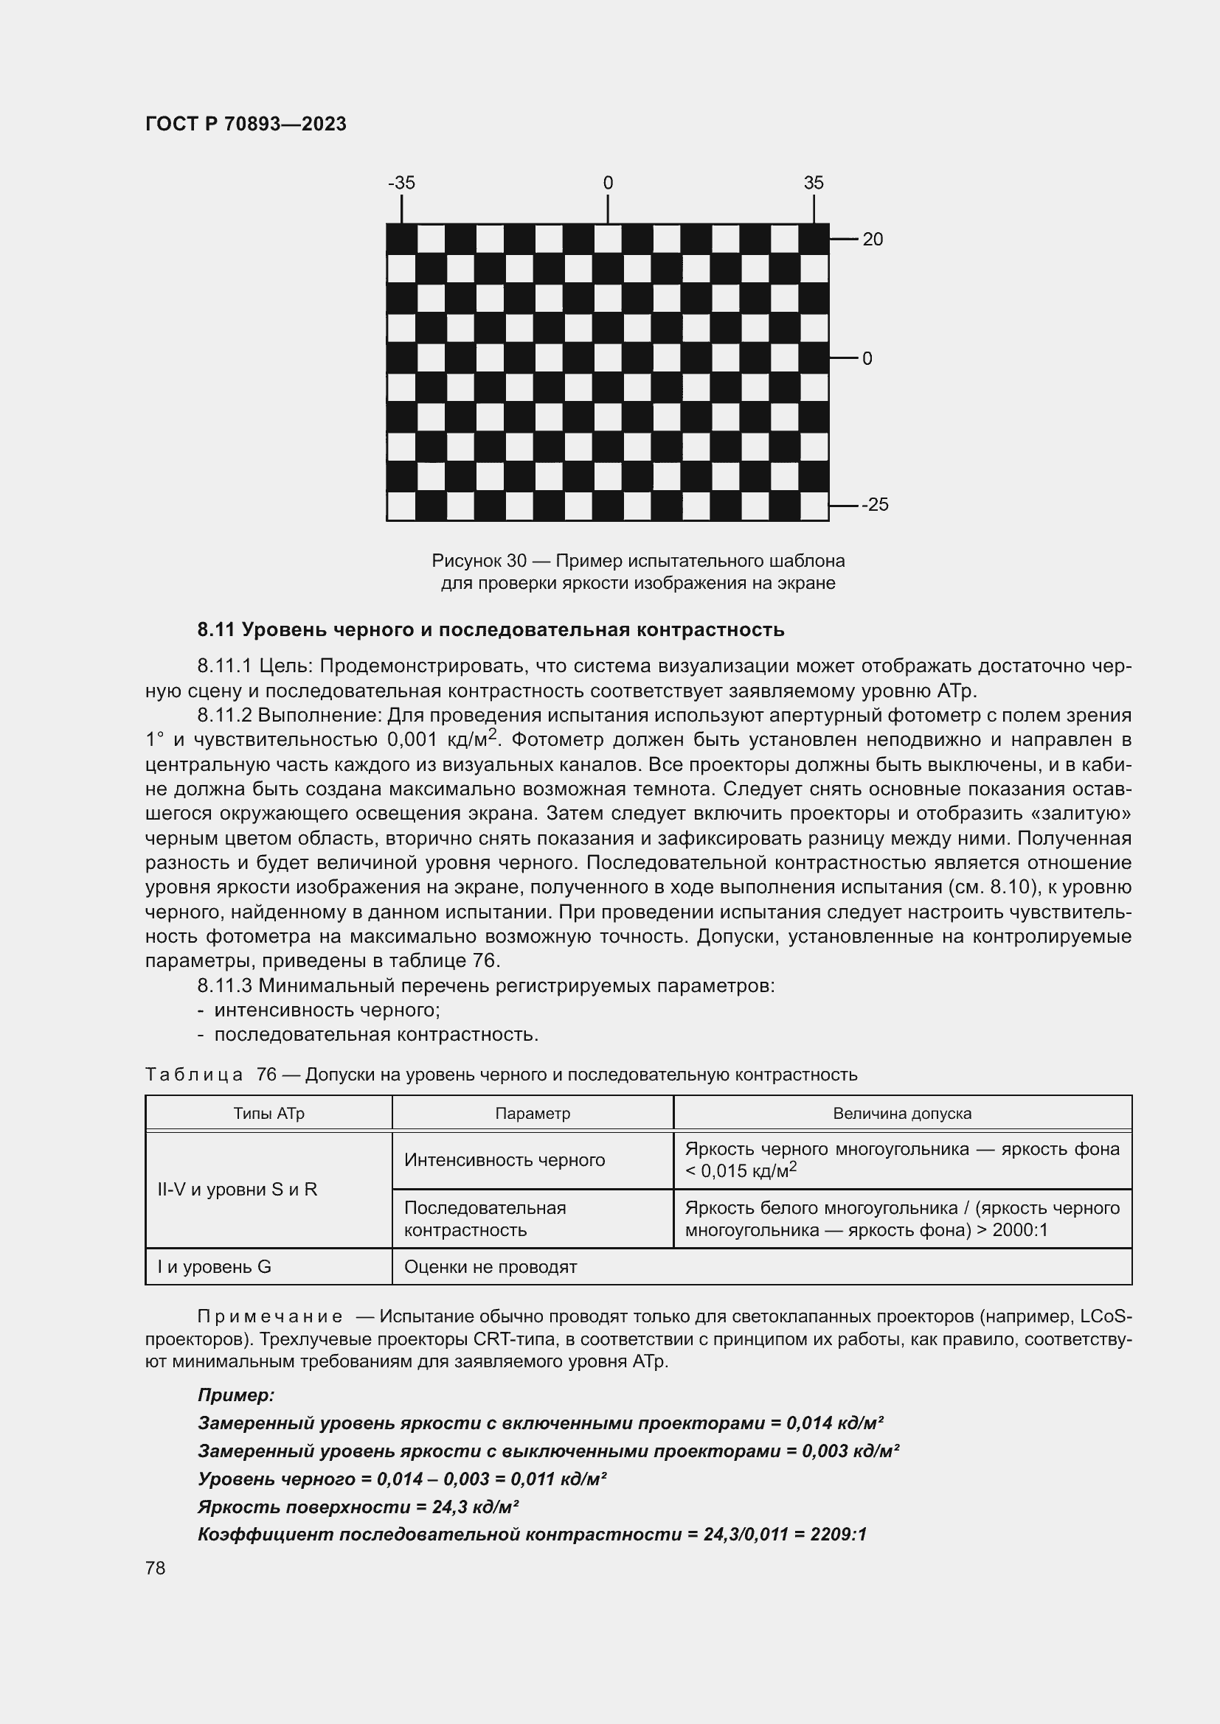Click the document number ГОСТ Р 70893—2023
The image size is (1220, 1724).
pos(246,124)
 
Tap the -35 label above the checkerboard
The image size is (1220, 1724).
pos(401,184)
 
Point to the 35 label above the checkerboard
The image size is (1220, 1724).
pos(814,184)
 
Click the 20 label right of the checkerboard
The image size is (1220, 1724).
pos(872,240)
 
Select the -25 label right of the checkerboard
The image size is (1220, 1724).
pos(875,505)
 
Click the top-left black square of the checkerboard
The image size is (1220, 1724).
pos(402,239)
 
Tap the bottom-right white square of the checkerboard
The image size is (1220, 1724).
pos(814,506)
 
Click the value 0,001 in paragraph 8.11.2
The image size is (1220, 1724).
pos(412,740)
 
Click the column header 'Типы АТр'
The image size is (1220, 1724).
pos(268,1114)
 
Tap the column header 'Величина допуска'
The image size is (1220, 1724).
pos(901,1114)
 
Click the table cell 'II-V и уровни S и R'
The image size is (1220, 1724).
pos(238,1190)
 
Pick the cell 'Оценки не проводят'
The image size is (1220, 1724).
pos(490,1267)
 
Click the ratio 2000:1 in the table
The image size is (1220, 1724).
pos(1019,1230)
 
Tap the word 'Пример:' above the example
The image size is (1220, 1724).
pos(236,1395)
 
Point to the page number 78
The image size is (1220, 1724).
pos(156,1568)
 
